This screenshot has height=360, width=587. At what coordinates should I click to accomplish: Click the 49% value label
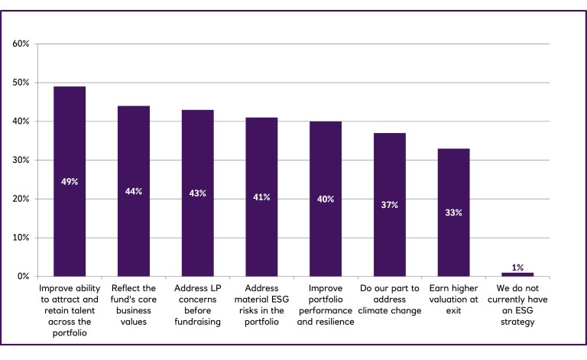[x=70, y=182]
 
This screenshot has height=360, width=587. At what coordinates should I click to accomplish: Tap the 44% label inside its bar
[x=134, y=191]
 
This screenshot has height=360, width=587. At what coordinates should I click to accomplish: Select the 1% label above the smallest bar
[x=517, y=268]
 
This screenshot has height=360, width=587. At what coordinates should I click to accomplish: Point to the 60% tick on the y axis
[x=21, y=44]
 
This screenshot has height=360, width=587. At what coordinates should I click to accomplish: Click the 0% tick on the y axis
[x=23, y=276]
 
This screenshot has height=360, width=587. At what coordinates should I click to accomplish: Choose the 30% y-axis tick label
[x=21, y=160]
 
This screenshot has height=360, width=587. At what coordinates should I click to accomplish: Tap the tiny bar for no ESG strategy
[x=517, y=274]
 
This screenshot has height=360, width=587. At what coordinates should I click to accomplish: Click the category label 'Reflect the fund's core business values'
[x=134, y=306]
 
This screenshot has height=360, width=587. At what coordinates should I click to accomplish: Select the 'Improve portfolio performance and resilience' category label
[x=326, y=306]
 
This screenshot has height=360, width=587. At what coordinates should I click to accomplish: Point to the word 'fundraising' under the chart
[x=198, y=323]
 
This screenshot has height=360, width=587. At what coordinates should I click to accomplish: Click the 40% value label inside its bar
[x=326, y=199]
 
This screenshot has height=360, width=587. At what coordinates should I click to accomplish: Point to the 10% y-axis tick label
[x=21, y=238]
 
